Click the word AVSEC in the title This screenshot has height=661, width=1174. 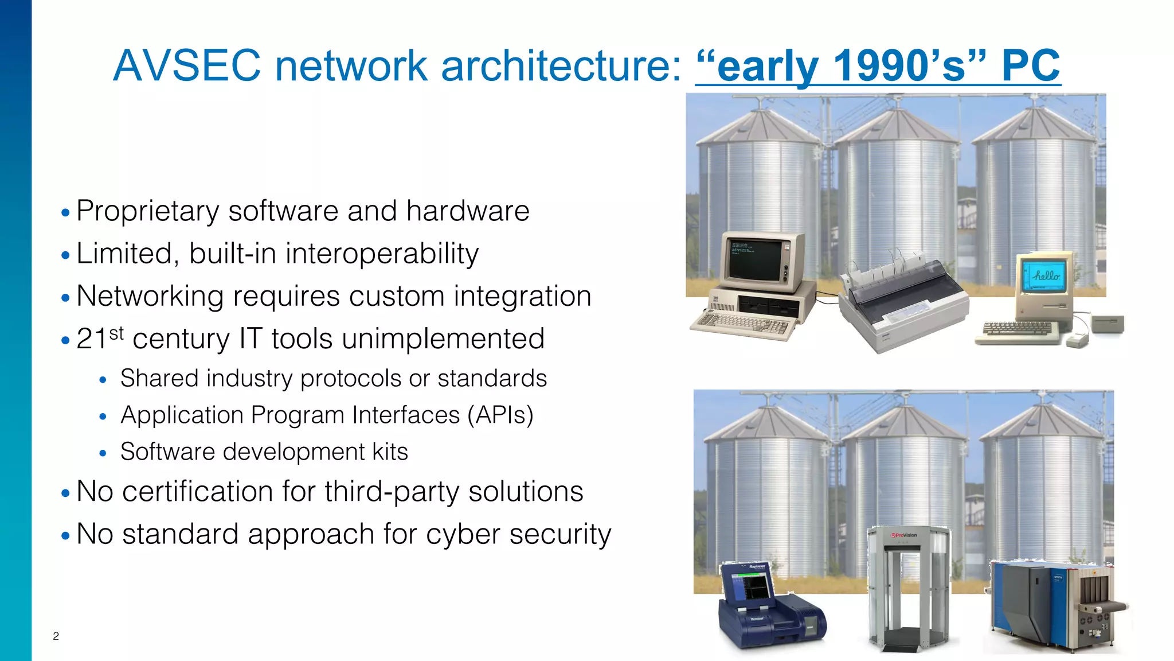click(x=187, y=65)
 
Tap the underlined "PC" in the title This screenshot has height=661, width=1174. click(x=1030, y=65)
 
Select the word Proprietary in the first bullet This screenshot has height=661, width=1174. click(x=147, y=211)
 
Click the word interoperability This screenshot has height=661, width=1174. click(x=382, y=254)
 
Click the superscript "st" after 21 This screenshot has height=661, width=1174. click(x=116, y=333)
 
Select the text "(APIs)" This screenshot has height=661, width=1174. click(x=500, y=415)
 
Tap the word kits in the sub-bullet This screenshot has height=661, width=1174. click(x=390, y=452)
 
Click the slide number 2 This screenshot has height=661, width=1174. click(x=56, y=636)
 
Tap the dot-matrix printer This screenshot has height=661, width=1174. click(x=903, y=304)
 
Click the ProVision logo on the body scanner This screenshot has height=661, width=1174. click(x=904, y=535)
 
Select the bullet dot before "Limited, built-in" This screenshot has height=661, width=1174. click(x=65, y=255)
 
